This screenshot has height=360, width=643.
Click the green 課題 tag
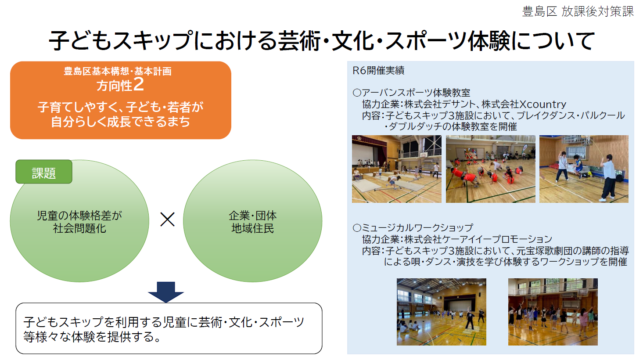pyautogui.click(x=44, y=172)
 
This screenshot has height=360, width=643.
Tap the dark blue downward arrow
pyautogui.click(x=166, y=292)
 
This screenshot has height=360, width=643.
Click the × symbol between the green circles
pyautogui.click(x=167, y=220)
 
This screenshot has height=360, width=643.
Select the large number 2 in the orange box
pyautogui.click(x=139, y=84)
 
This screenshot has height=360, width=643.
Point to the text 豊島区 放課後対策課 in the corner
pyautogui.click(x=578, y=11)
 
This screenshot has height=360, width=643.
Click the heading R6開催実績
pyautogui.click(x=378, y=70)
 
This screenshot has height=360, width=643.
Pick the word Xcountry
pyautogui.click(x=543, y=104)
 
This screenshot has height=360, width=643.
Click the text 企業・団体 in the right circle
pyautogui.click(x=253, y=215)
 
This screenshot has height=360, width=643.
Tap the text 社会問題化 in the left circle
pyautogui.click(x=79, y=229)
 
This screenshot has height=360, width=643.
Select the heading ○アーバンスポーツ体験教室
pyautogui.click(x=411, y=93)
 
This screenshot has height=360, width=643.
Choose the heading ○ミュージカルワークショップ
pyautogui.click(x=413, y=228)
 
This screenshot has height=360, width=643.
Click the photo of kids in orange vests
pyautogui.click(x=491, y=169)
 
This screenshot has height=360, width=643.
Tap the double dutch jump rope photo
pyautogui.click(x=584, y=169)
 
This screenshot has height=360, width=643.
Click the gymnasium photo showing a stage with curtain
pyautogui.click(x=397, y=169)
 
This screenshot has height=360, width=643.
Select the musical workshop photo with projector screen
pyautogui.click(x=442, y=312)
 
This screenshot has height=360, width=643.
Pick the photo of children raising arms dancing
pyautogui.click(x=553, y=312)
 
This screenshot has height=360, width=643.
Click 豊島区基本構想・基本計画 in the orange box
pyautogui.click(x=118, y=71)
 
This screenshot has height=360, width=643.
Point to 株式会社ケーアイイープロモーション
pyautogui.click(x=478, y=239)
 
